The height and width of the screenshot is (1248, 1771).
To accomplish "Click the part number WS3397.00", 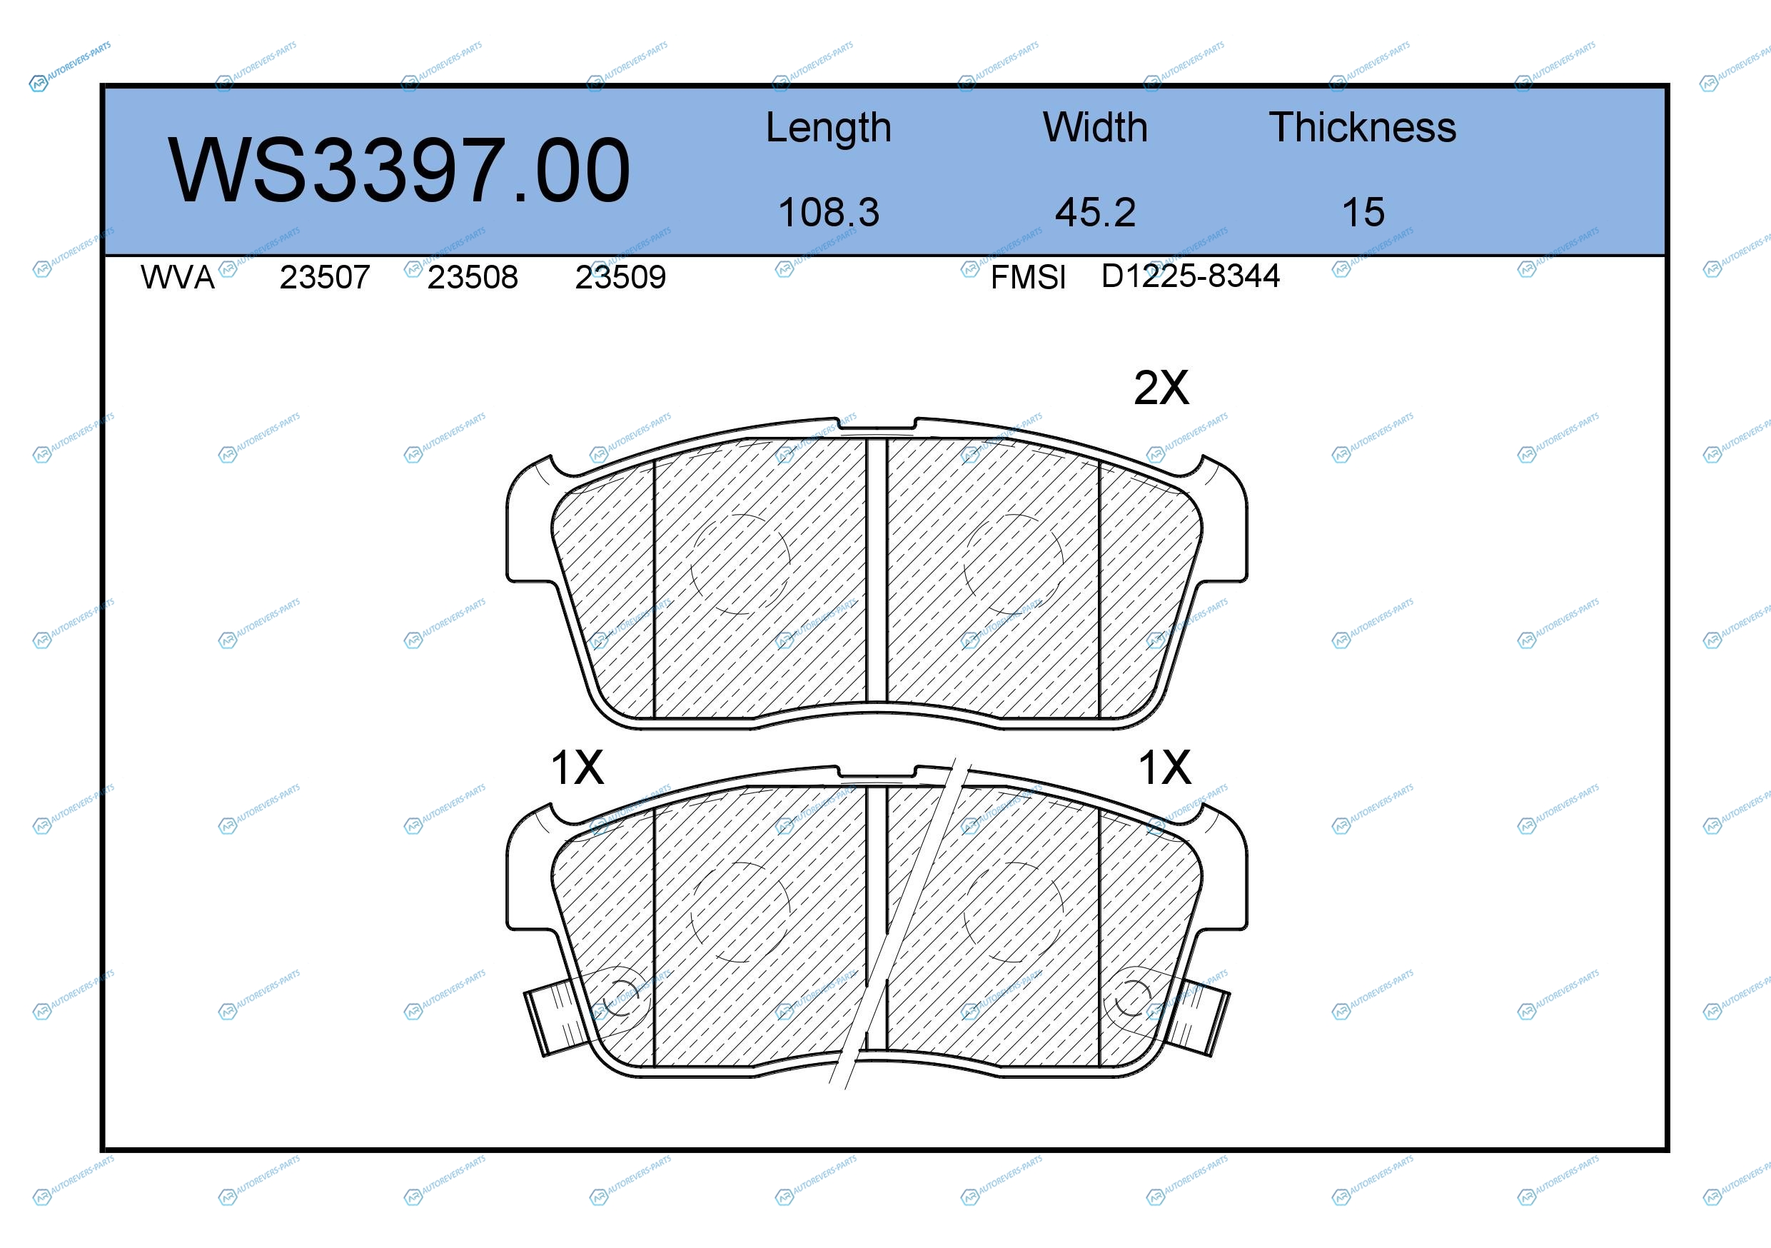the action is point(399,171).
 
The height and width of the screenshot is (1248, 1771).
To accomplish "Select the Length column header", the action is point(829,128).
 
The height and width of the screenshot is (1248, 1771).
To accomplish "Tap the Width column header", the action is point(1095,127).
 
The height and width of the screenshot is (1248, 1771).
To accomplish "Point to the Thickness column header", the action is point(1362,127).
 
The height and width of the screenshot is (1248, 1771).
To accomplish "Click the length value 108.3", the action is point(829,212).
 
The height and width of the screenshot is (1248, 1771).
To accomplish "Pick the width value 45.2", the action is point(1095,212).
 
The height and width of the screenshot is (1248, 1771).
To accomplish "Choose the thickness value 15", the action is point(1363,212).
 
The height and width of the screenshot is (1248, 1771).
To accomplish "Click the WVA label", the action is point(178,278).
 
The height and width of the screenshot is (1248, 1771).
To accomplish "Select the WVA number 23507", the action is point(325,278).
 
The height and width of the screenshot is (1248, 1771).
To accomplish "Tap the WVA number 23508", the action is point(473,278).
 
